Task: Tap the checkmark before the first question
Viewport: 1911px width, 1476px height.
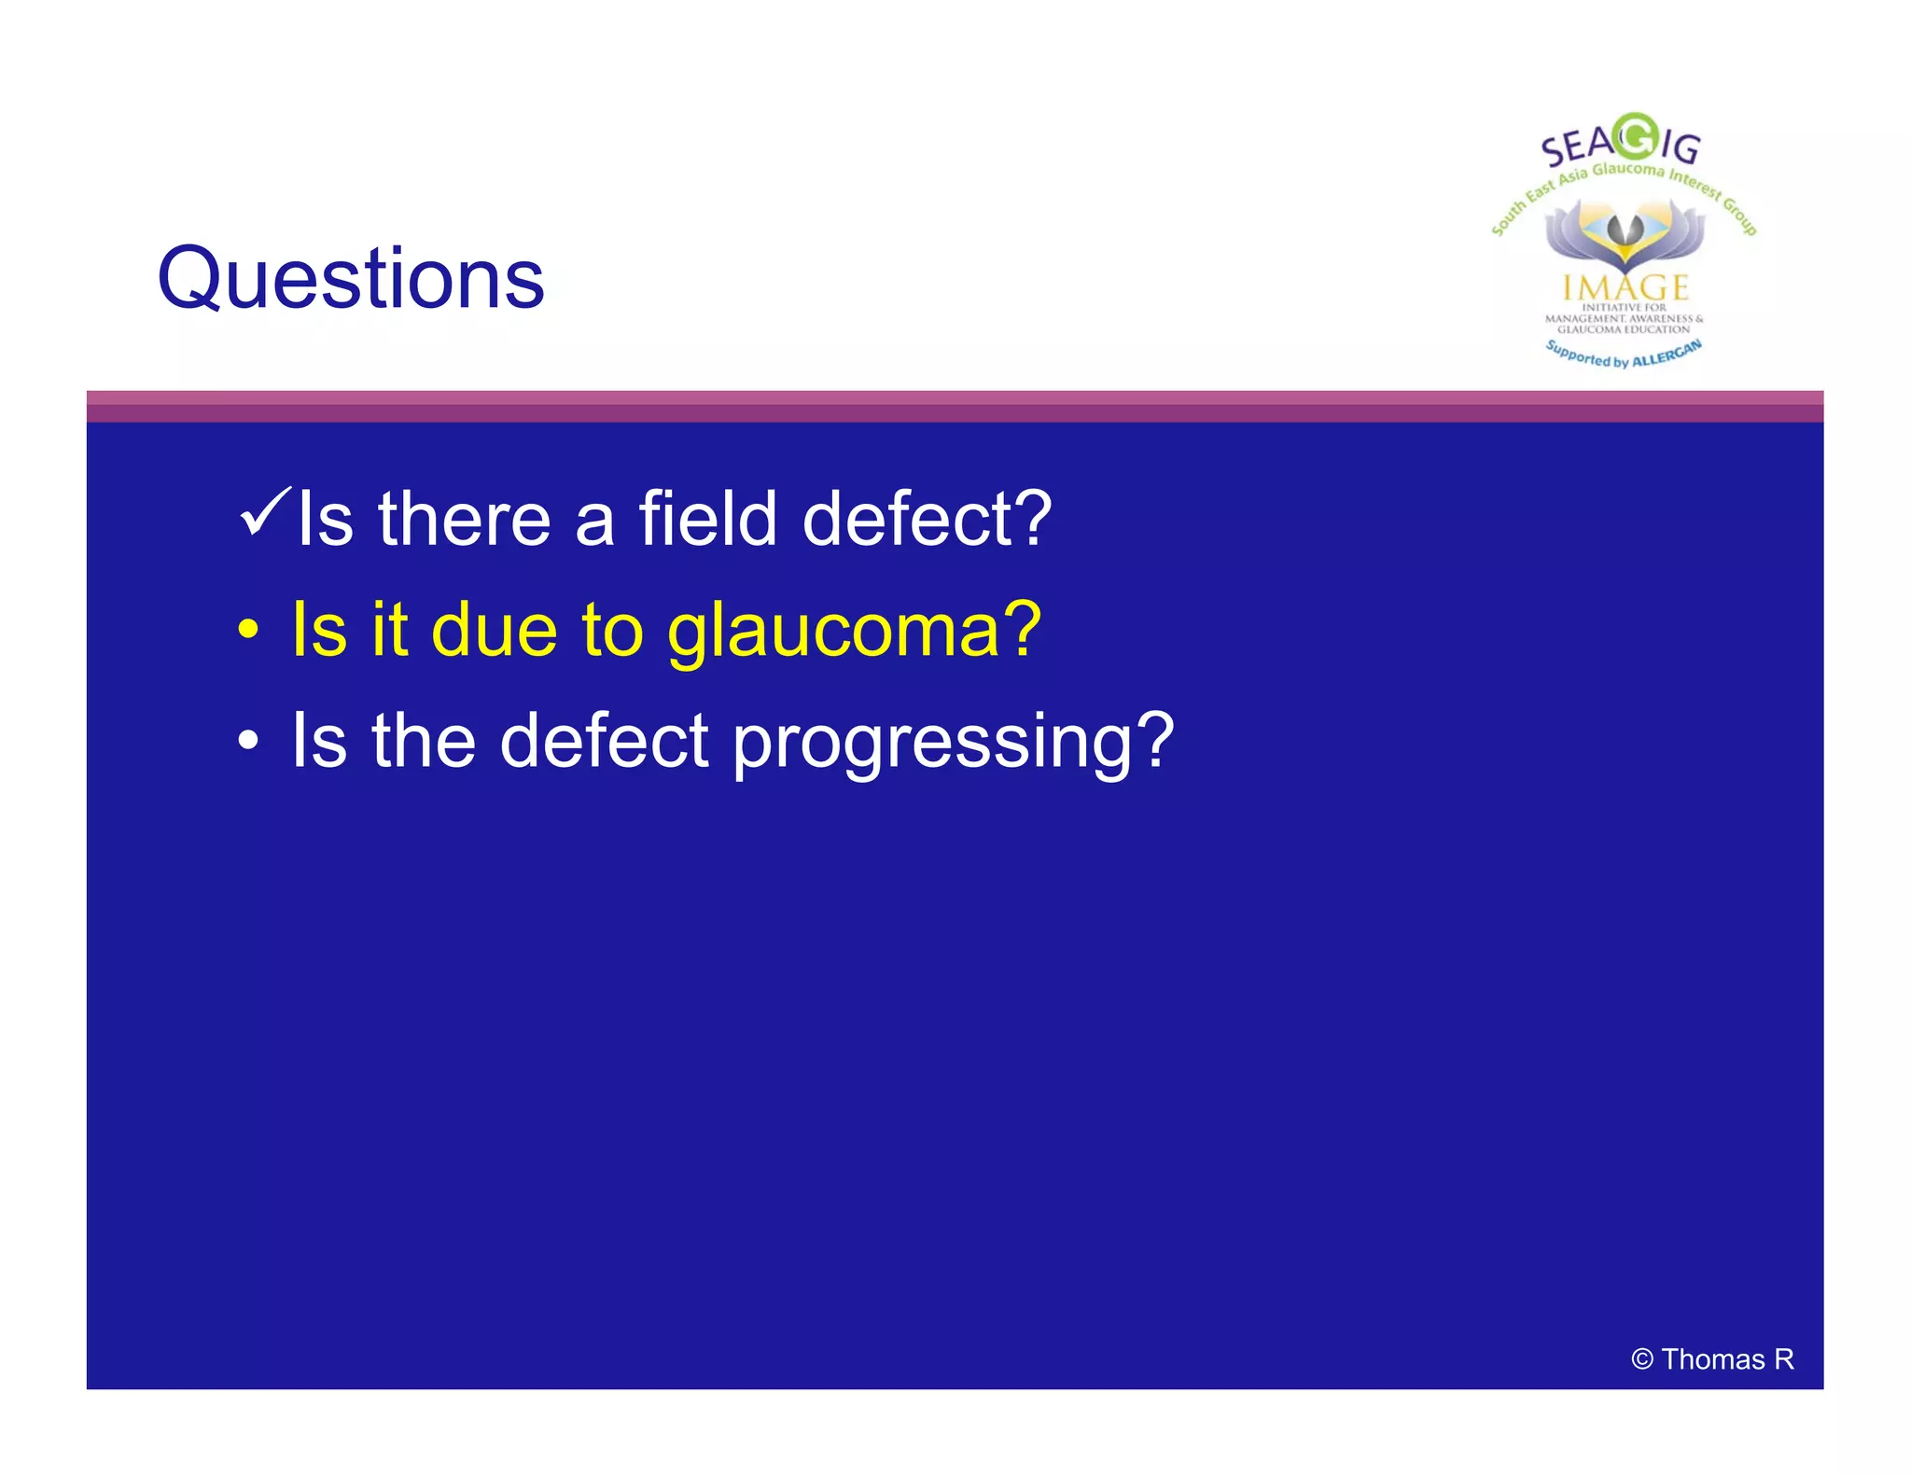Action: tap(265, 512)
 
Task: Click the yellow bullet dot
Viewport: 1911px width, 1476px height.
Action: tap(247, 629)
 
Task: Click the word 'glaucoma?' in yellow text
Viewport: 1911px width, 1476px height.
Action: tap(854, 631)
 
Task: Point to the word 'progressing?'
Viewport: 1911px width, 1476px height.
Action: tap(953, 743)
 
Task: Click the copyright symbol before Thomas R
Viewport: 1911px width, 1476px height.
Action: tap(1642, 1359)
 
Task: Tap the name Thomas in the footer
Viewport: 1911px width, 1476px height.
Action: tap(1712, 1359)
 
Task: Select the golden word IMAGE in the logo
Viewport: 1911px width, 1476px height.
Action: tap(1625, 286)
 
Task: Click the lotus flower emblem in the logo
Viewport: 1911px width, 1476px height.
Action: tap(1625, 233)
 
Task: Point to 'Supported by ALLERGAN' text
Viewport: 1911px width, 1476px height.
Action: tap(1624, 355)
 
